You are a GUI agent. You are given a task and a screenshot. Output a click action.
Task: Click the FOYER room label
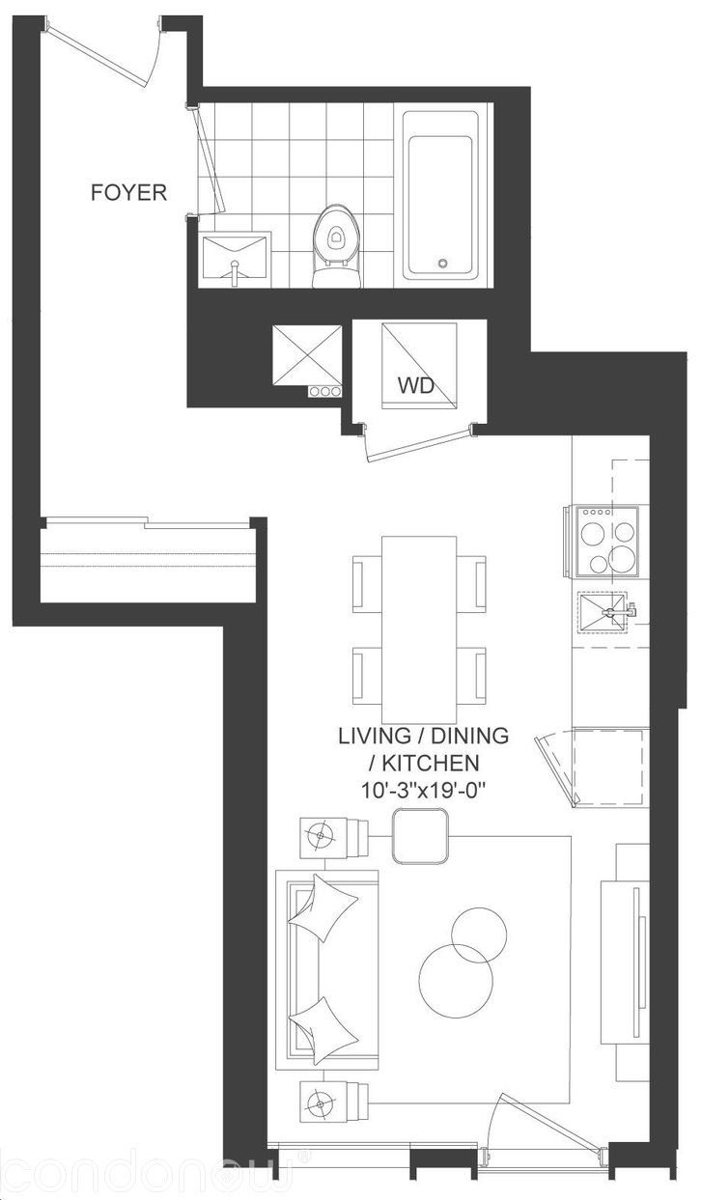click(128, 192)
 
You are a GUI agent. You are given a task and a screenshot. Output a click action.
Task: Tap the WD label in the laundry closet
click(415, 385)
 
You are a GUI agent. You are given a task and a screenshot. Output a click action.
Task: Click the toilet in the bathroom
click(336, 246)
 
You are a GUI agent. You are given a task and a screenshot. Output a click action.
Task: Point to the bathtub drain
click(442, 263)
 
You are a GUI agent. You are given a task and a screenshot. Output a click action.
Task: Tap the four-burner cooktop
click(607, 541)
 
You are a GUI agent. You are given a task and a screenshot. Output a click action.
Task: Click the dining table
click(419, 629)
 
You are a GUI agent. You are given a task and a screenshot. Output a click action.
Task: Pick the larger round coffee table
click(456, 980)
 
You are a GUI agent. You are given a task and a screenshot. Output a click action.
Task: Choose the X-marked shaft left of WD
click(307, 354)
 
